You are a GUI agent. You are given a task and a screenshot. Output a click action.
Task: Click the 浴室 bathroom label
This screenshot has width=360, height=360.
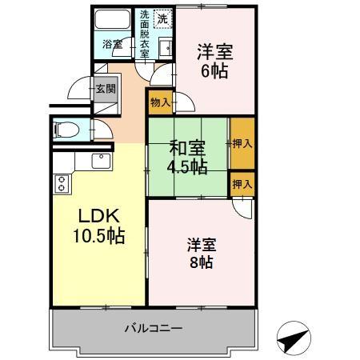point(113,44)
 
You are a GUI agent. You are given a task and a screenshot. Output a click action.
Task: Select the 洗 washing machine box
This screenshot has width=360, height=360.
point(162,18)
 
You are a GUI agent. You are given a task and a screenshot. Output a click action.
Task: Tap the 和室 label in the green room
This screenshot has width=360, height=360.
point(186,148)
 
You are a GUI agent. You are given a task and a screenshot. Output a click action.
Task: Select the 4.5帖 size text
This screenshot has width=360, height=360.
point(186,166)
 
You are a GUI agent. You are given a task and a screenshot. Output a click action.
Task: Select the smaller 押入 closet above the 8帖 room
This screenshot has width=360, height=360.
point(242,183)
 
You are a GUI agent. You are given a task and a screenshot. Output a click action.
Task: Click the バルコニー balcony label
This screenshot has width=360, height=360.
point(153,329)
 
